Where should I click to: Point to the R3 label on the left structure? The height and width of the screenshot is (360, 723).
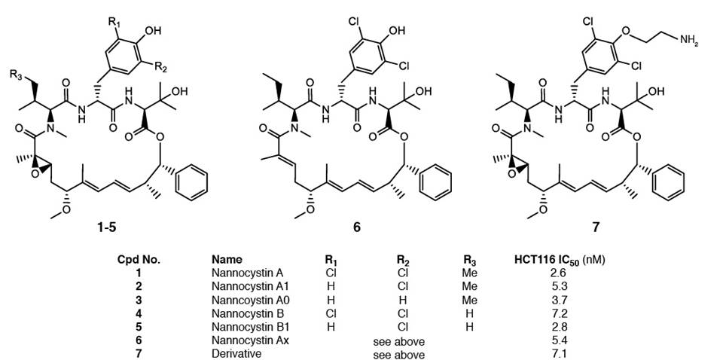coord(14,73)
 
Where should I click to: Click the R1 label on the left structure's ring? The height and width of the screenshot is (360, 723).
coord(114,13)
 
